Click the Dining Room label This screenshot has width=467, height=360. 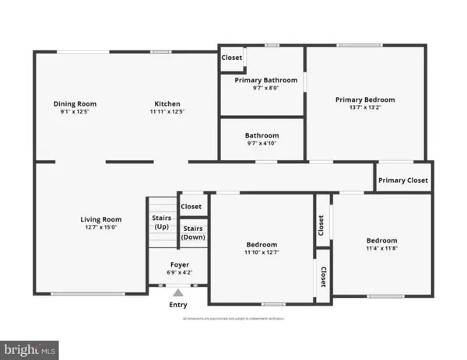pos(74,103)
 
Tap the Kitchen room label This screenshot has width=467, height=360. pos(167,103)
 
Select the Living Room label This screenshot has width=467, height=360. pos(101,219)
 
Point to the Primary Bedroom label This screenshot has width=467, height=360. pos(365,100)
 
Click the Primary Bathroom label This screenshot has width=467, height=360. pos(262,80)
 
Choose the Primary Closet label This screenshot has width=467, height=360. pos(403,180)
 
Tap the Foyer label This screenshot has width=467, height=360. pos(178,265)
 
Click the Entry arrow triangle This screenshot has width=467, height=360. pos(178,293)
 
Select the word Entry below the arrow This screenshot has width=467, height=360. pos(178,305)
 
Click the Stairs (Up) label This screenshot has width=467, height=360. pos(161,222)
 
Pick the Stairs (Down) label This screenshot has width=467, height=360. pos(194,232)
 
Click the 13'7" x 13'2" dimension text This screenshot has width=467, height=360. pos(365,109)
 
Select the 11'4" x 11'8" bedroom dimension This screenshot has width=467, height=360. pos(382,249)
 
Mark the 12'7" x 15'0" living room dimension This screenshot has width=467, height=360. pos(101,228)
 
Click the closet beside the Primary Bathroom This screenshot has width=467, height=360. pos(232,58)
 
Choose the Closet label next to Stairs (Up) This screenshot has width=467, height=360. pos(191,206)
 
